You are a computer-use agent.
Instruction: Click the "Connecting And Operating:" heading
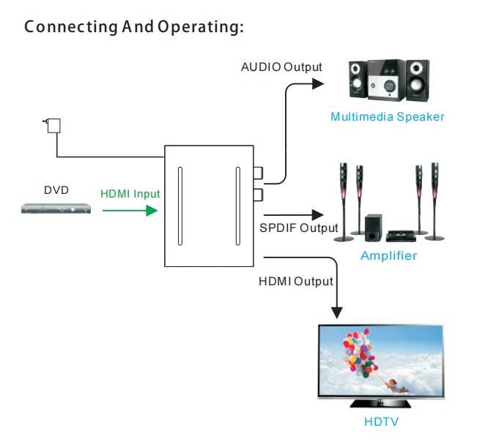click(133, 28)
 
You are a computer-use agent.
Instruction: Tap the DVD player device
click(56, 209)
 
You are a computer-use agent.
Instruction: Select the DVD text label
click(56, 190)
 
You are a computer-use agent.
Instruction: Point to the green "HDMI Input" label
click(130, 194)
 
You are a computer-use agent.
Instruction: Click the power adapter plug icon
click(52, 125)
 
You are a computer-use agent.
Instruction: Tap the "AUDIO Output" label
click(281, 67)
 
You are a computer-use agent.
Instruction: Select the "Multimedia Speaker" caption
click(387, 116)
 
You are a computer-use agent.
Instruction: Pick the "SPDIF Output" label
click(299, 228)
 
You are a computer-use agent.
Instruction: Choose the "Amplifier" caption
click(388, 256)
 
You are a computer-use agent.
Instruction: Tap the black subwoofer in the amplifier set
click(372, 228)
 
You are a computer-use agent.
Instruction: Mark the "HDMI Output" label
click(296, 281)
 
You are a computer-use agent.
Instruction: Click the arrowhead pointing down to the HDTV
click(336, 312)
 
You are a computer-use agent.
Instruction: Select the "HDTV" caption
click(382, 422)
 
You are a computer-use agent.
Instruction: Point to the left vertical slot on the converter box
click(180, 206)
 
